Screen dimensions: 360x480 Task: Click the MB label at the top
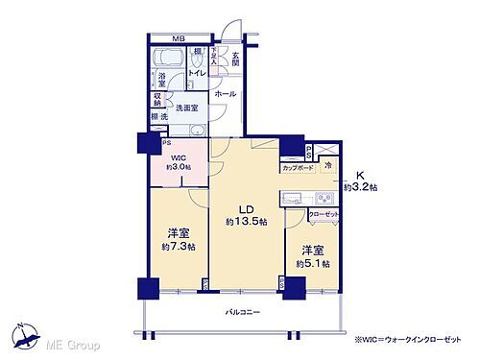[x=178, y=38]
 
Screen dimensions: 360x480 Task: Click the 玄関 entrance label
[x=234, y=59]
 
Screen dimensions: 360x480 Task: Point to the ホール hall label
[x=226, y=94]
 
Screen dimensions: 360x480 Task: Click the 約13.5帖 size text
[x=247, y=222]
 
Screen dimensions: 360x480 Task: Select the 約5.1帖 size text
[x=313, y=263]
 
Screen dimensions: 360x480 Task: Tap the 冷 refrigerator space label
[x=327, y=165]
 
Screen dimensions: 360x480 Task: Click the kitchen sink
[x=292, y=199]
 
